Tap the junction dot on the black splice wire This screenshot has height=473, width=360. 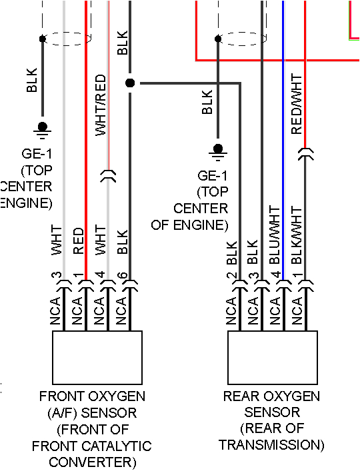[130, 83]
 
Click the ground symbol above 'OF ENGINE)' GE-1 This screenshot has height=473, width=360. [217, 151]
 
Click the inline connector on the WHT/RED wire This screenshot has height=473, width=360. [107, 177]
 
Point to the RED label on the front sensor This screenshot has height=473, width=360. [79, 242]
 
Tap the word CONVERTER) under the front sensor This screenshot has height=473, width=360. [97, 462]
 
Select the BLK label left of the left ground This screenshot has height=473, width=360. [31, 80]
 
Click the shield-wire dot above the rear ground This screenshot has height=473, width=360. [217, 38]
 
